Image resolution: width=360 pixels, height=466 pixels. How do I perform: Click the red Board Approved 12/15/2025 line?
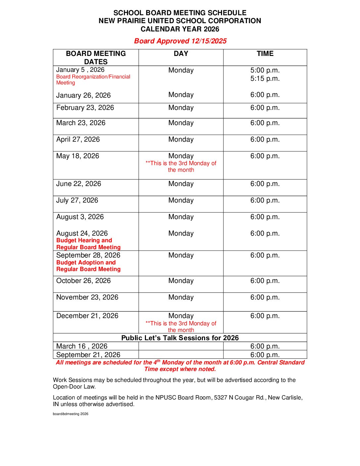180,41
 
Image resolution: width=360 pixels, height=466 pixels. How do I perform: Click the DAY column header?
181,54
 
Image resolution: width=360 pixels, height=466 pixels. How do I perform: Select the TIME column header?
265,54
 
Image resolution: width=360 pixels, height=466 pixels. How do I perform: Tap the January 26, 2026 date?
83,95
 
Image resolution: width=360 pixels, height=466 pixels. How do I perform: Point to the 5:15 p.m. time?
265,78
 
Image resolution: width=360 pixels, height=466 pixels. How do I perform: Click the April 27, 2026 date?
78,139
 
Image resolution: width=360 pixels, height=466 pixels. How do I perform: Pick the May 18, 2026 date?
78,156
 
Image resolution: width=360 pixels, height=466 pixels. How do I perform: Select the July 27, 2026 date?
77,200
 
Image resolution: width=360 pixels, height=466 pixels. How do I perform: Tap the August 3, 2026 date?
80,217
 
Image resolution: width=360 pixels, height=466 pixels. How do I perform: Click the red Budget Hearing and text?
84,240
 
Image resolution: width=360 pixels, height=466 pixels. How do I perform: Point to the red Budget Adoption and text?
86,262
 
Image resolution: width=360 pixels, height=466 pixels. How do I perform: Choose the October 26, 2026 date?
83,281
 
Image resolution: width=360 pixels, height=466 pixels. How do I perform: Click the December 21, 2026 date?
87,316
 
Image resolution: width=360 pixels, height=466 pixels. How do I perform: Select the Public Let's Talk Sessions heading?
180,338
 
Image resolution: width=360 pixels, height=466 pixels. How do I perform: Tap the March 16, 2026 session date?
82,346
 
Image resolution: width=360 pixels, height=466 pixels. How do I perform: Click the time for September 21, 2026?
265,355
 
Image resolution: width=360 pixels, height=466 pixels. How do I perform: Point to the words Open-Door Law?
74,387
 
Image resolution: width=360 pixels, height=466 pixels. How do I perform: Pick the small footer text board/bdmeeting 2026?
70,414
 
